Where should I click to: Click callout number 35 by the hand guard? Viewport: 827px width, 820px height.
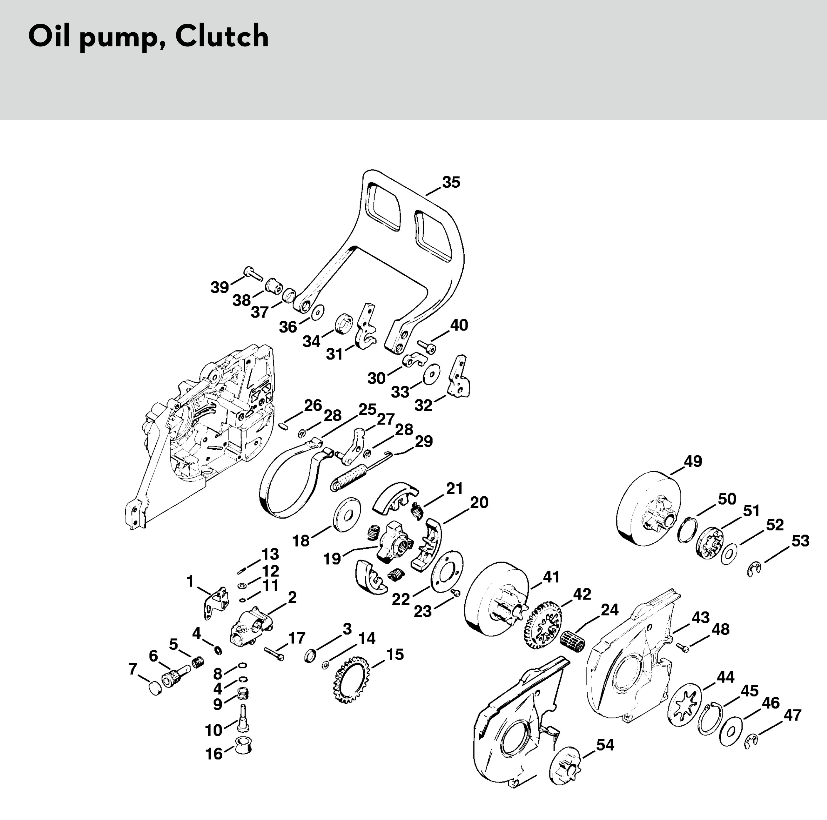[x=451, y=182]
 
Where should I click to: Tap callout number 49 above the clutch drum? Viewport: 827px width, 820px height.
[x=692, y=461]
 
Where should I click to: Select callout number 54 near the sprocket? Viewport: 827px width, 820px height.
[x=605, y=745]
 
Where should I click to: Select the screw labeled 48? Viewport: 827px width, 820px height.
[x=683, y=649]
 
